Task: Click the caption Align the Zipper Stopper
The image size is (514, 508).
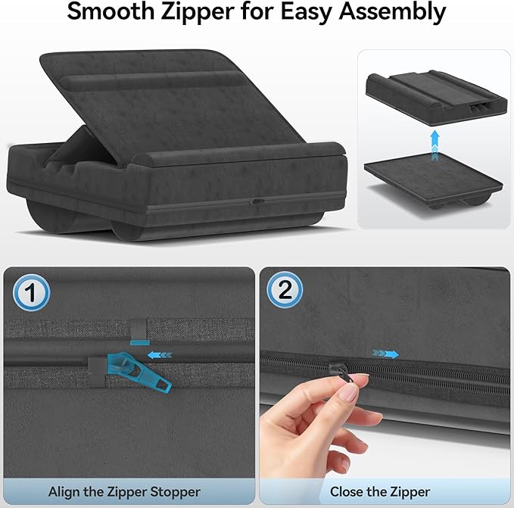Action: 124,492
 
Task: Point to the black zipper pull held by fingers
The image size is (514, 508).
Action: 336,369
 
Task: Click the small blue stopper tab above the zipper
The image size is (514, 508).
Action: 139,333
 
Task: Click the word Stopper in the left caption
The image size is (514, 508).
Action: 175,492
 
